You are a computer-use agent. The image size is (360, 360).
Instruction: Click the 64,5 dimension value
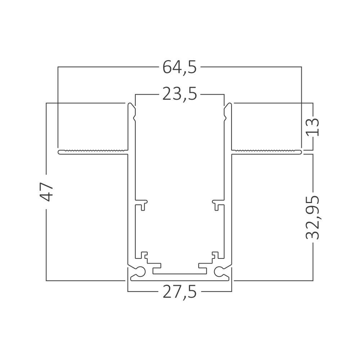click(180, 67)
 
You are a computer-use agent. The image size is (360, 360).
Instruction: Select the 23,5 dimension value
click(180, 94)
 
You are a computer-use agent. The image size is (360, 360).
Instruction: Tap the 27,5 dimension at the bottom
click(180, 292)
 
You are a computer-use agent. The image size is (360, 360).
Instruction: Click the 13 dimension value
click(312, 127)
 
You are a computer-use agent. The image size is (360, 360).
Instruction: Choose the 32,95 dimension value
click(312, 217)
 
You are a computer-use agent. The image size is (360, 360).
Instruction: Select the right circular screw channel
click(219, 271)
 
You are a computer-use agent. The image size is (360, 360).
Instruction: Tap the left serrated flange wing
click(93, 152)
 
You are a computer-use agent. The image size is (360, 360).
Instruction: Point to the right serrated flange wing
click(266, 152)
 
